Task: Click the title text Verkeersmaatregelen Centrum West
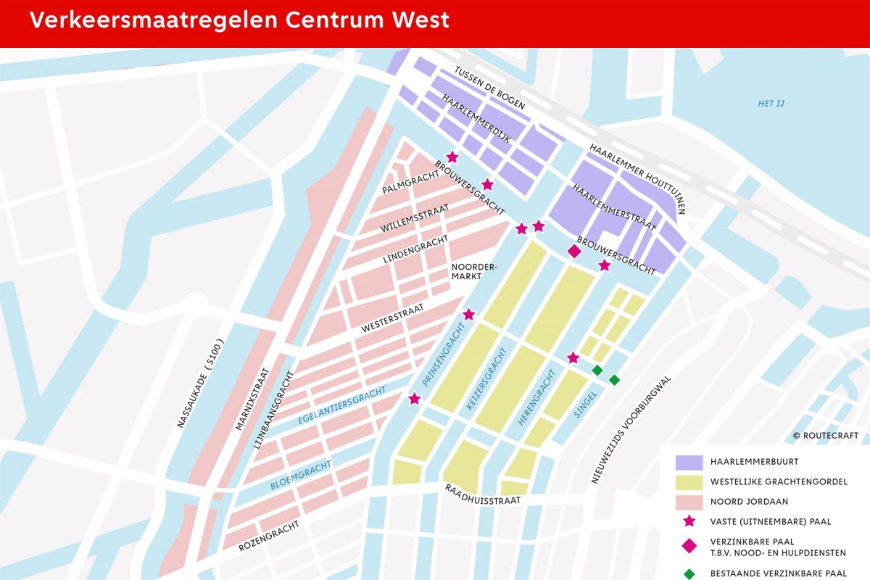pos(239,20)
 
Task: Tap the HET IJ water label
pos(771,104)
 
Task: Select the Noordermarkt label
pos(474,272)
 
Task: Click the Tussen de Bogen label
pos(489,88)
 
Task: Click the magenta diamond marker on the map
pos(574,251)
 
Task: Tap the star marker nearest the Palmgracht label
pos(452,157)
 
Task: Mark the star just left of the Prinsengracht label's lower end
pos(414,399)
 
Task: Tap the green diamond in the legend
pos(689,573)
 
